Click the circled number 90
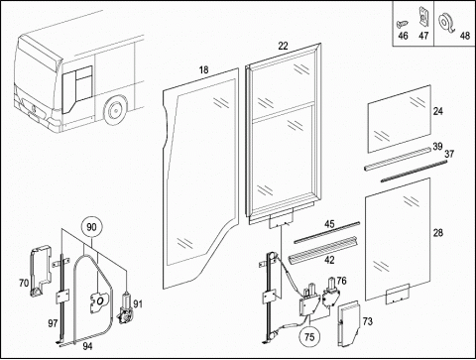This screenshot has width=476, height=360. point(91,227)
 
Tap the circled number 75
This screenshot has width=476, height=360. point(309,337)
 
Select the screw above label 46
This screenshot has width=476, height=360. point(403,24)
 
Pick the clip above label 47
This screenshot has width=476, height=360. point(422,16)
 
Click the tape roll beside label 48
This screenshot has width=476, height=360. point(446,22)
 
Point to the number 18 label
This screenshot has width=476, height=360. point(204,70)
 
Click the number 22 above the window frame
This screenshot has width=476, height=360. point(283,46)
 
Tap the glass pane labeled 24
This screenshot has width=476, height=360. point(400,119)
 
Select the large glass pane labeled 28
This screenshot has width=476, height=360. point(398,239)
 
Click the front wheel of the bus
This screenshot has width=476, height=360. point(115,110)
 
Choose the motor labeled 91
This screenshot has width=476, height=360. point(124,308)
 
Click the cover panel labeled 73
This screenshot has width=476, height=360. point(348,323)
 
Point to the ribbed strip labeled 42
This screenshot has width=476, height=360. point(323,250)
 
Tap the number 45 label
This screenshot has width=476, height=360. point(329,224)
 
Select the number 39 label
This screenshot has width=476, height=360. point(437,147)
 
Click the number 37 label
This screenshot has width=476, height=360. point(449,154)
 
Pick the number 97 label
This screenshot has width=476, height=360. point(53,323)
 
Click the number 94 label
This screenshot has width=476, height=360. point(87,346)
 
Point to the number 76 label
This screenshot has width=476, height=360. point(341,281)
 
